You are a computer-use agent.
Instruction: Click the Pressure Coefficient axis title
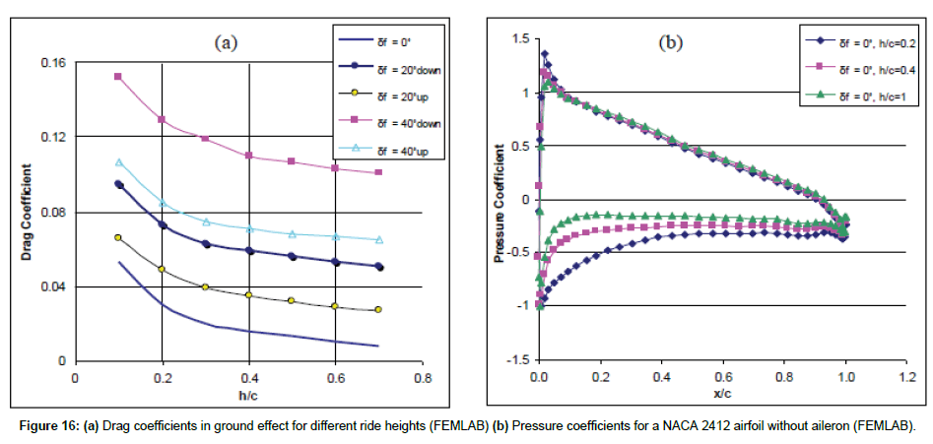[500, 214]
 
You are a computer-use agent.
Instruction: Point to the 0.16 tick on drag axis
[55, 62]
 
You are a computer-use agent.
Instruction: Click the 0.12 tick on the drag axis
[55, 137]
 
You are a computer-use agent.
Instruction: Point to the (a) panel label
[227, 42]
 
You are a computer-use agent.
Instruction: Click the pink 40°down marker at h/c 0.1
[118, 76]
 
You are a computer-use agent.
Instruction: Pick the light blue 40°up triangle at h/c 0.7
[379, 239]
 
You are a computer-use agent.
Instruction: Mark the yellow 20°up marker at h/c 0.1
[118, 237]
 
